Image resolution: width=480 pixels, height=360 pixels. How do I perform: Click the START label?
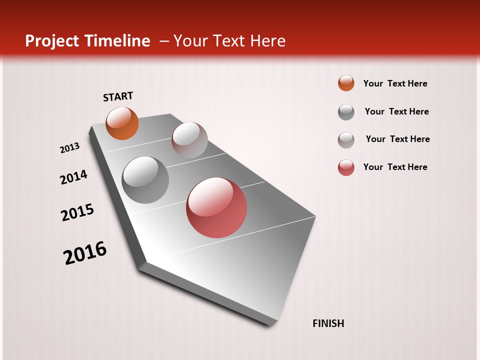[x=118, y=96]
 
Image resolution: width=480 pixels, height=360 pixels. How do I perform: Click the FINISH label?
[x=328, y=323]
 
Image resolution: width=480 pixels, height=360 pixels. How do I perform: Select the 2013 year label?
[x=69, y=148]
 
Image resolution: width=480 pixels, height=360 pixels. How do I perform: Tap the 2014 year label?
[x=73, y=177]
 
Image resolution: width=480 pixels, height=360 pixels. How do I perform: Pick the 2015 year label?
[x=77, y=212]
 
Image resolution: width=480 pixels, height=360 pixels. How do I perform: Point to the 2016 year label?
[x=85, y=252]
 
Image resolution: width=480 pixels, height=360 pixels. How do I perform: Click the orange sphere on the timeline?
[x=122, y=123]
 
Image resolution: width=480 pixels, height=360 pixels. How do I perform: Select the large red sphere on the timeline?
[x=216, y=207]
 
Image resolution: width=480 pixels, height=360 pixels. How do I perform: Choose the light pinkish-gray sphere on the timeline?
[x=189, y=140]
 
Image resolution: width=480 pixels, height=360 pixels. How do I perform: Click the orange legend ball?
[x=346, y=83]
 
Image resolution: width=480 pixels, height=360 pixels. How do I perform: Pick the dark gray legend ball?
[x=346, y=112]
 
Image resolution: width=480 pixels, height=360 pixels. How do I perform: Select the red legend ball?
[x=346, y=167]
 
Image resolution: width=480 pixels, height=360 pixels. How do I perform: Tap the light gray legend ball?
[x=346, y=140]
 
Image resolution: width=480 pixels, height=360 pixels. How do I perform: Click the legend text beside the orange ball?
[x=395, y=83]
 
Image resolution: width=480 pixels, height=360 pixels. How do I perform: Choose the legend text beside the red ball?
[x=395, y=167]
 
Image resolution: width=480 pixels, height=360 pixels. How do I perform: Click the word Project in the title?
[x=51, y=41]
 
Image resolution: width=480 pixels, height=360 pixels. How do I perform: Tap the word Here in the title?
[x=268, y=40]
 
